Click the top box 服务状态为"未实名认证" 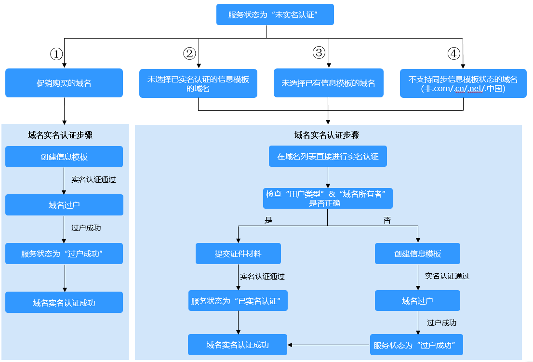pyautogui.click(x=275, y=14)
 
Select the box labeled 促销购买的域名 pyautogui.click(x=64, y=83)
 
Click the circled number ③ pyautogui.click(x=319, y=53)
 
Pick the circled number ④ pyautogui.click(x=453, y=54)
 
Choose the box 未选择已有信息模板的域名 pyautogui.click(x=328, y=83)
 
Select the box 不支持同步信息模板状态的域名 pyautogui.click(x=463, y=83)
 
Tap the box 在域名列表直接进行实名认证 pyautogui.click(x=328, y=157)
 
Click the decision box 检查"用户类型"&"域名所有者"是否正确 pyautogui.click(x=328, y=198)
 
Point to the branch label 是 pyautogui.click(x=268, y=220)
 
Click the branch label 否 pyautogui.click(x=387, y=220)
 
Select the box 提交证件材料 pyautogui.click(x=238, y=254)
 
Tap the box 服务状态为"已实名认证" pyautogui.click(x=238, y=301)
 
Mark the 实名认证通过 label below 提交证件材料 pyautogui.click(x=262, y=277)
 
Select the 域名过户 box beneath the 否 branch pyautogui.click(x=417, y=301)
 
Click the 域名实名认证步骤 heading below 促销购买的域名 pyautogui.click(x=60, y=135)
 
